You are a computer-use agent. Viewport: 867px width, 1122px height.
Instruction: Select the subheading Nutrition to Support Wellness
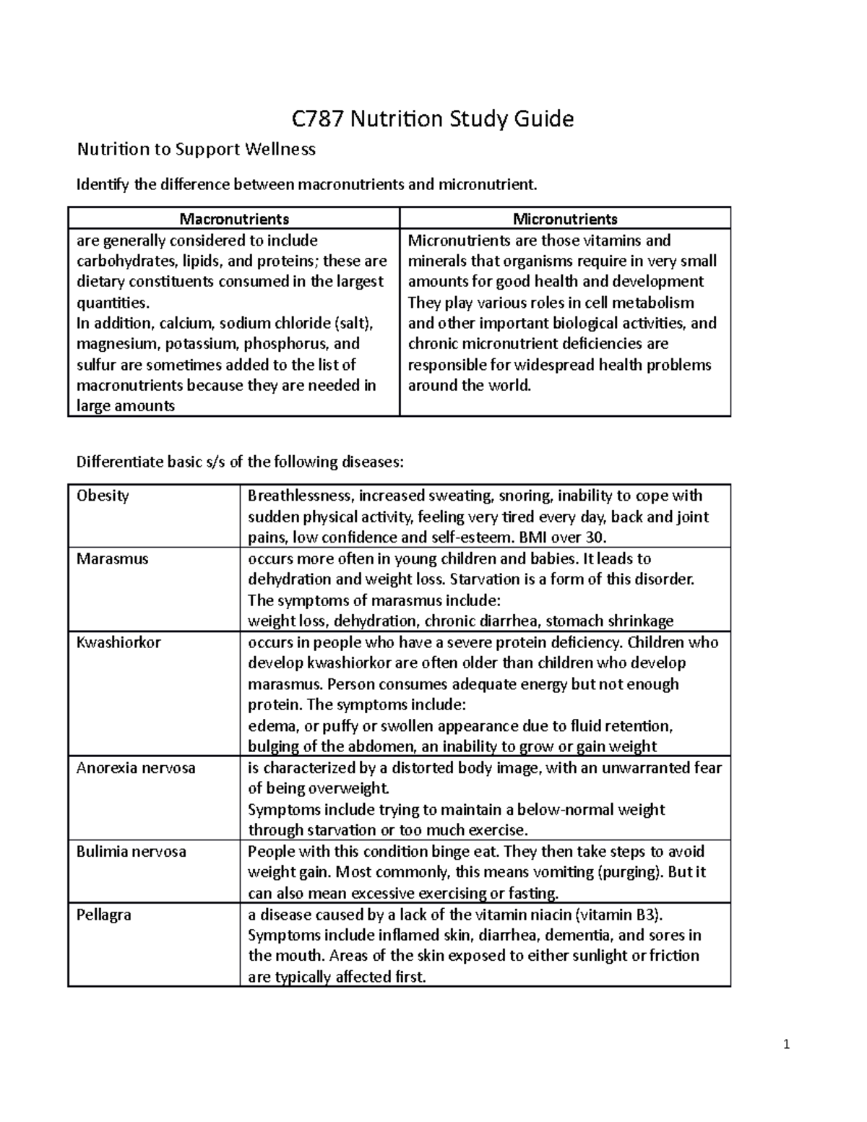click(x=197, y=150)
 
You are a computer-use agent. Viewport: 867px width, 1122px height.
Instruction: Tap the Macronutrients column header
click(x=234, y=218)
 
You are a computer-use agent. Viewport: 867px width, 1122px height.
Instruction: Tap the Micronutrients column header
click(x=565, y=218)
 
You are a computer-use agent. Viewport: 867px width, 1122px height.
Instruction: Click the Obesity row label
click(x=103, y=496)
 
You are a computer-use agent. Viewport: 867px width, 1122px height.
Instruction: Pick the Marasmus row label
click(x=112, y=558)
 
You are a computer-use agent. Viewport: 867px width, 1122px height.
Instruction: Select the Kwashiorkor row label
click(x=118, y=642)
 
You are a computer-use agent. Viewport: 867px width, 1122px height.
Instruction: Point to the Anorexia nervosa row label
click(x=136, y=768)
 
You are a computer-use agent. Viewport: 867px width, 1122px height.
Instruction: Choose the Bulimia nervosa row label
click(x=131, y=852)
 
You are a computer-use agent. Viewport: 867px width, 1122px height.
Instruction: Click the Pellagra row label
click(x=104, y=915)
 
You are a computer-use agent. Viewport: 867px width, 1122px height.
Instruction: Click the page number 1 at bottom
click(x=787, y=1044)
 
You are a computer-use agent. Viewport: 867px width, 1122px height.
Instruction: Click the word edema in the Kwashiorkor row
click(x=269, y=726)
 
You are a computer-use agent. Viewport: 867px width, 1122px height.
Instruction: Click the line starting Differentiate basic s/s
click(x=246, y=462)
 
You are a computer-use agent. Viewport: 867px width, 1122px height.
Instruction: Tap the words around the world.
click(x=470, y=385)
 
